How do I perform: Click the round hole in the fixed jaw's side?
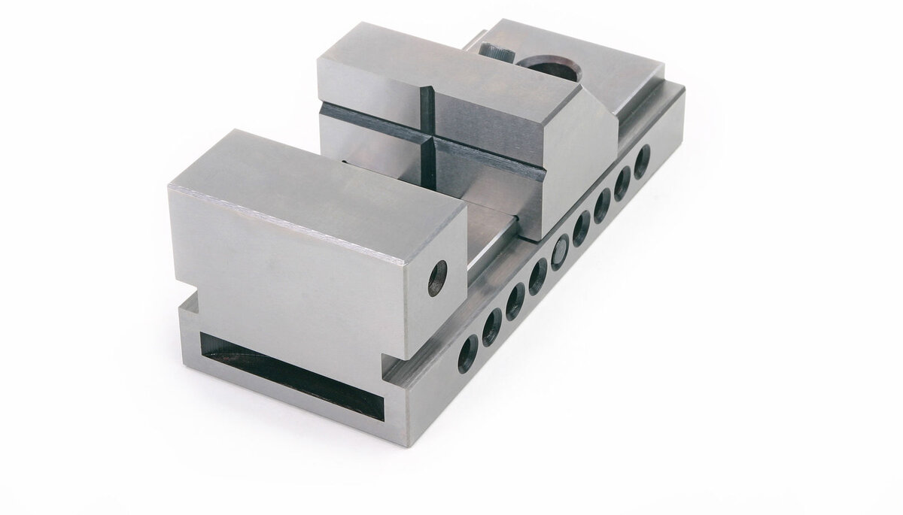tap(437, 279)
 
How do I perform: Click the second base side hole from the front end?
tap(491, 326)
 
